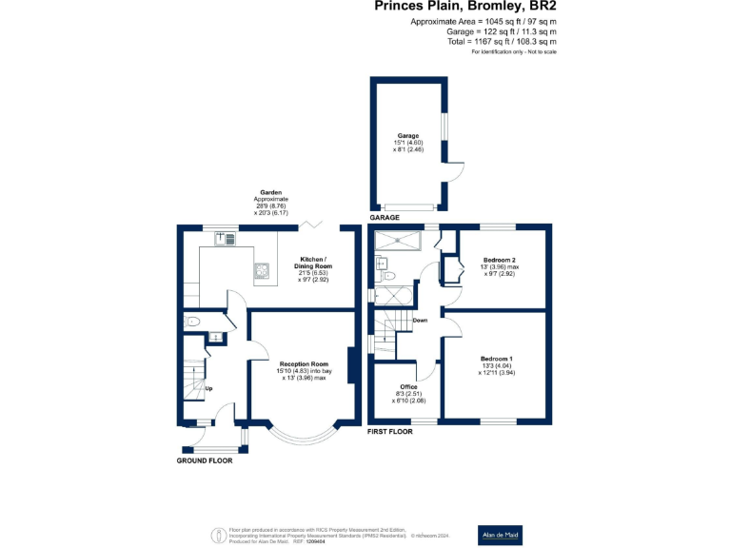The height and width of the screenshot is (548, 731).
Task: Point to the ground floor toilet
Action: [x=191, y=322]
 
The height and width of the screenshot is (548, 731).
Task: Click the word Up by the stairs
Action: [x=208, y=388]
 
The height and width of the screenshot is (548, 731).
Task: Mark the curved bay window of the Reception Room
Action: [x=304, y=436]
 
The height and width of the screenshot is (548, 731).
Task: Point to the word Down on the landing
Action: [x=420, y=321]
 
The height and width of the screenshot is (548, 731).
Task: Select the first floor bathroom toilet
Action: [x=386, y=275]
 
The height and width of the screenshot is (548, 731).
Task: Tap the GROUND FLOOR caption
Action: [x=205, y=460]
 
